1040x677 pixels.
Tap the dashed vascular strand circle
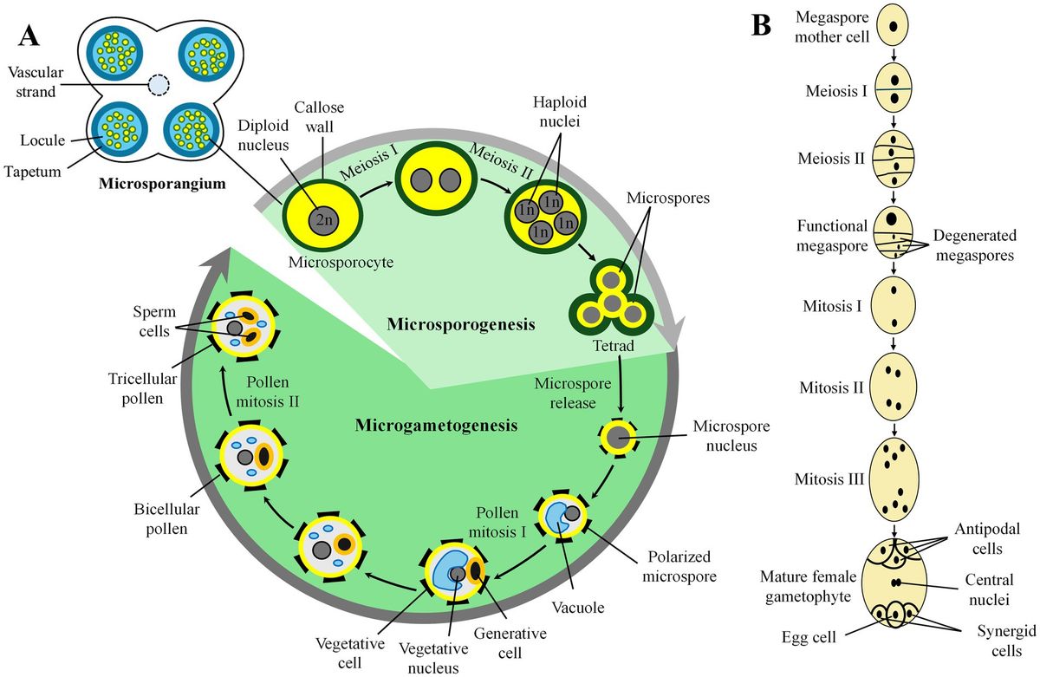[x=159, y=85]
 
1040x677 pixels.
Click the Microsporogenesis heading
[x=459, y=324]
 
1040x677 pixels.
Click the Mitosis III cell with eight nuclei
[x=894, y=477]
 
